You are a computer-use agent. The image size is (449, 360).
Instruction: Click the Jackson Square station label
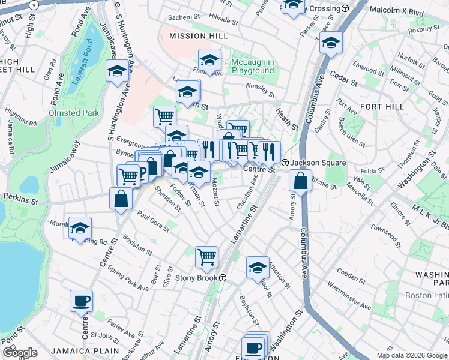coord(318,163)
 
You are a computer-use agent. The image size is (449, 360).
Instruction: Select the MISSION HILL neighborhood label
coord(198,36)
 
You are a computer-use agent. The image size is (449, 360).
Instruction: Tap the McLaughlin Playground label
coord(253,66)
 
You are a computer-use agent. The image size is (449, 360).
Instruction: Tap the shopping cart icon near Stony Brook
coord(206,257)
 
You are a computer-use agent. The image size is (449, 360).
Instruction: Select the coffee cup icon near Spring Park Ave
coord(81,301)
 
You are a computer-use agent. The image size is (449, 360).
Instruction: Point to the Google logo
coord(19,353)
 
